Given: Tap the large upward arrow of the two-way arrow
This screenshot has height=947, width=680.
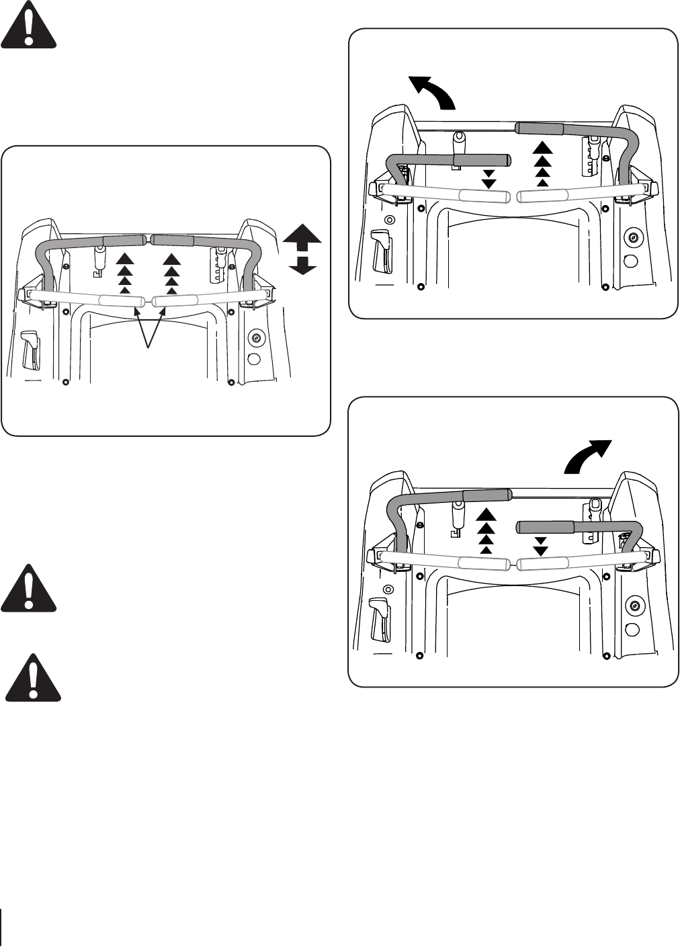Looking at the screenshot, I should pos(302,239).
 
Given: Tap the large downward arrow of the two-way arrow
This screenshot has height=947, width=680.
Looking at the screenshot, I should pos(302,265).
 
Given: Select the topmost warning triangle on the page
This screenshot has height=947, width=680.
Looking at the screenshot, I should pos(28,25).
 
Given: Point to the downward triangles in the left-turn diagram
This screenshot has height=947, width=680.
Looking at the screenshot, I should pos(488,179).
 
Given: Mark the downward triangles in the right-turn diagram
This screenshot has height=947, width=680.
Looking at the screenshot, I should pos(540,546).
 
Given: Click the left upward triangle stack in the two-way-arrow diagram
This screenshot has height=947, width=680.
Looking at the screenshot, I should pos(124,274).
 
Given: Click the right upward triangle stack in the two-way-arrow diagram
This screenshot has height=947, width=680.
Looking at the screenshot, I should pos(172,274).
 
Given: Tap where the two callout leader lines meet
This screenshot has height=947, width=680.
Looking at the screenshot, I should pos(149,347).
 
